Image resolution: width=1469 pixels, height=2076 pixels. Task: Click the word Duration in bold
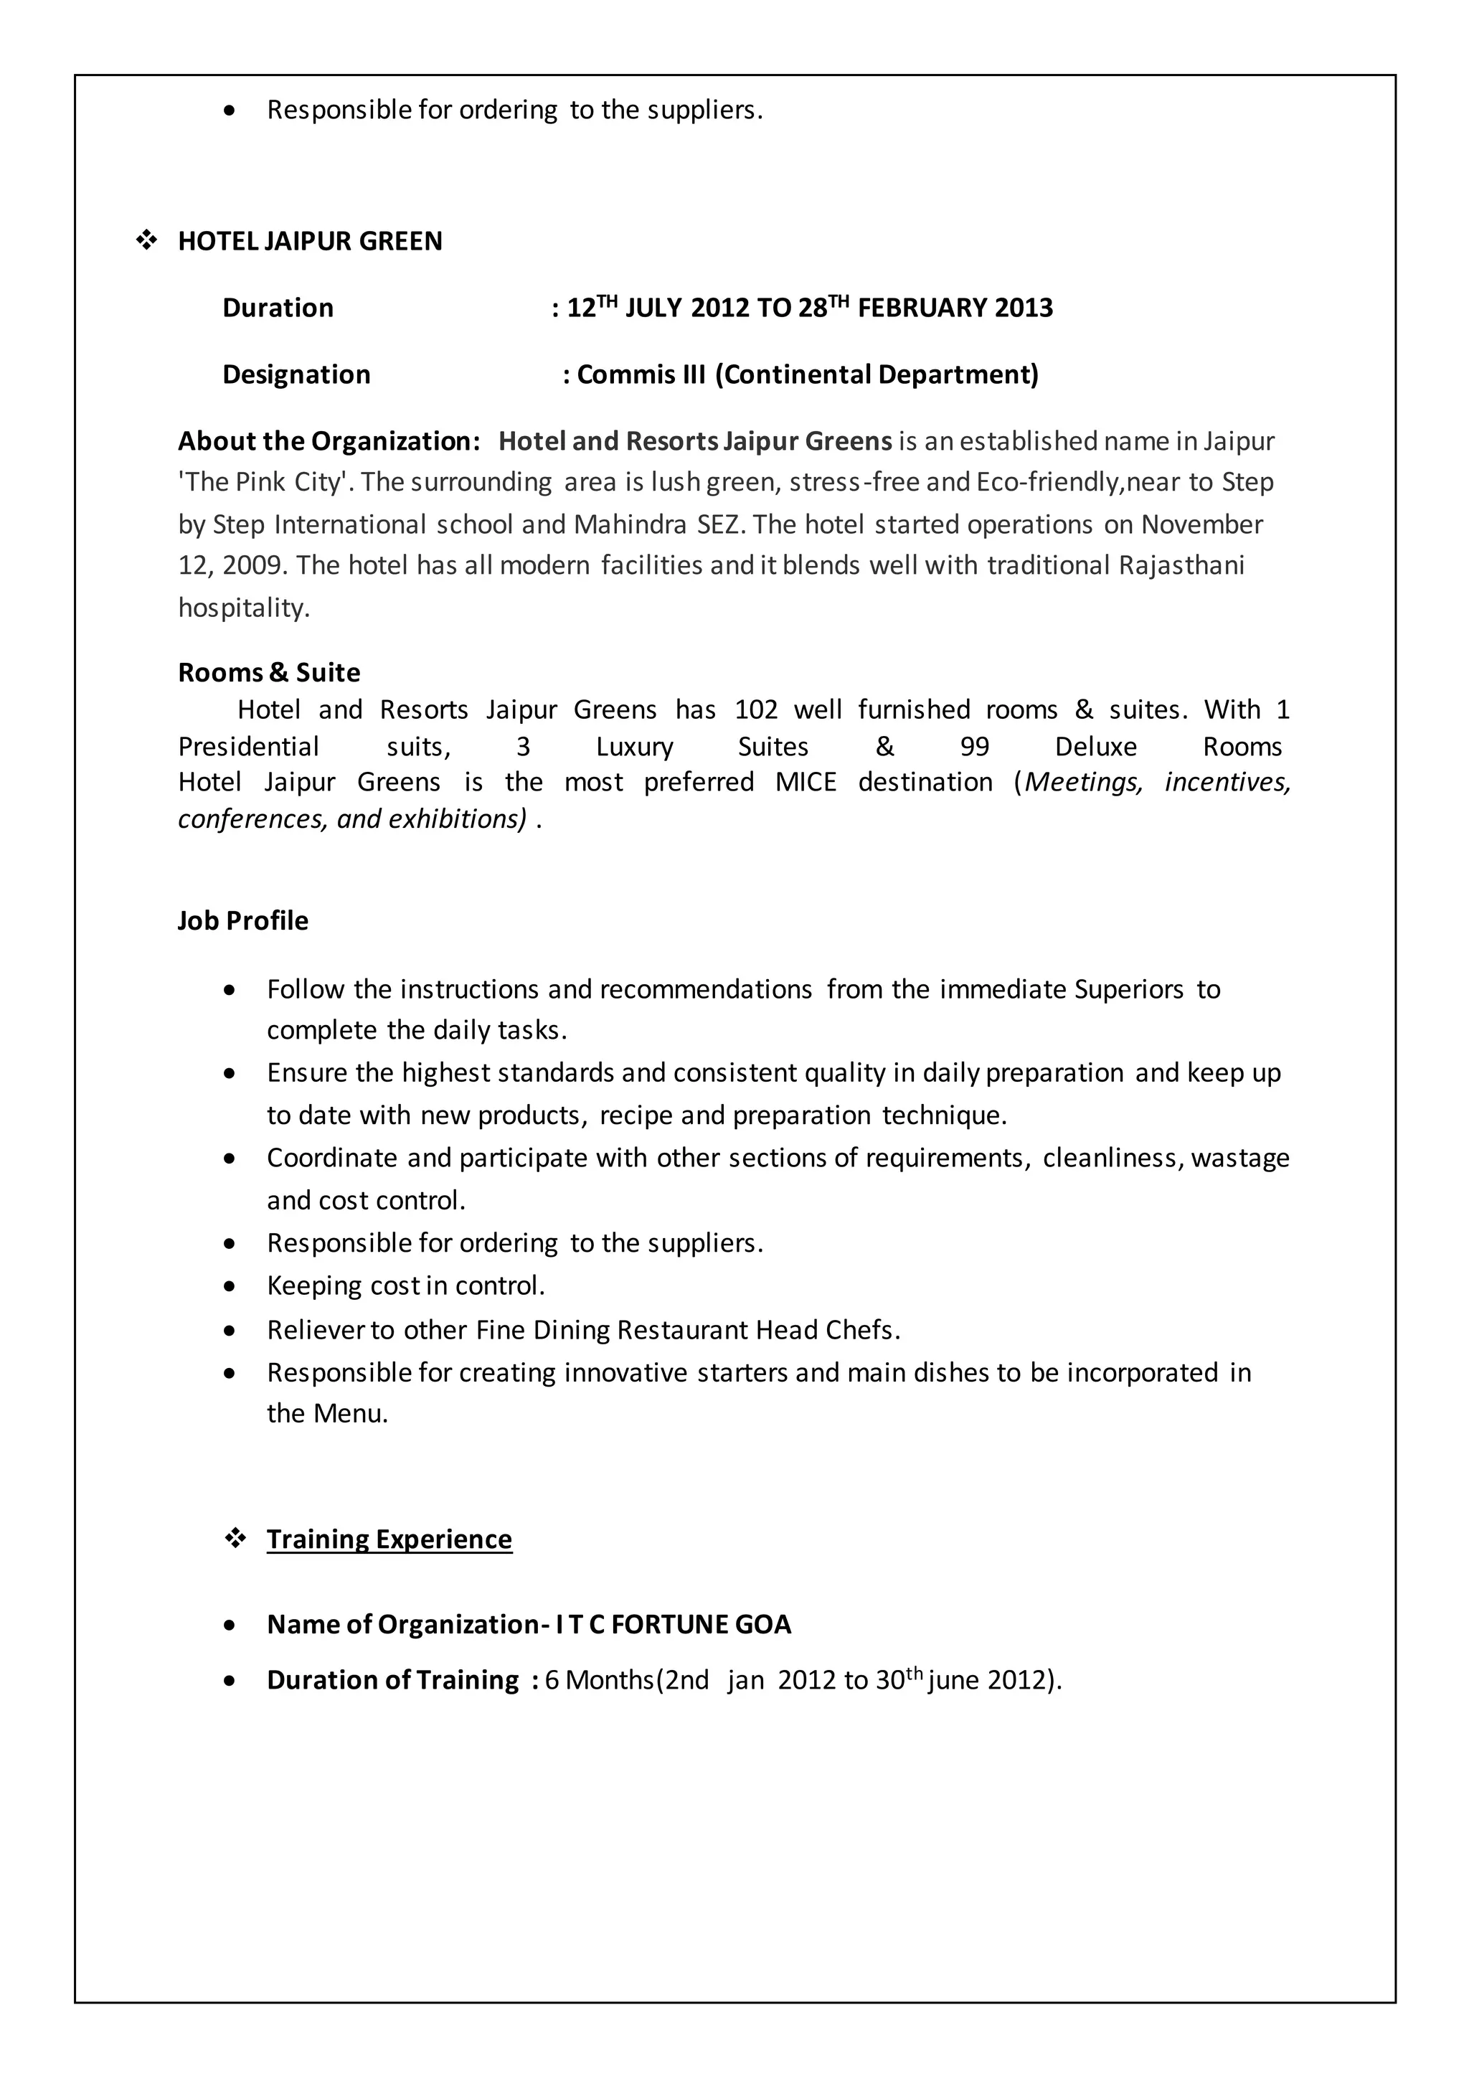click(x=278, y=308)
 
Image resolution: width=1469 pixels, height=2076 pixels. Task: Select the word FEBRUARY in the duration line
click(x=922, y=308)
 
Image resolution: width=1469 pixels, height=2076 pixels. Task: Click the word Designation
click(x=296, y=374)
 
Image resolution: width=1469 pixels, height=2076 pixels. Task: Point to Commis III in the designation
click(x=641, y=374)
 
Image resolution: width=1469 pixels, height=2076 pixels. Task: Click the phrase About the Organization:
click(x=329, y=441)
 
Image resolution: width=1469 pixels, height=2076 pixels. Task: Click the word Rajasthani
click(x=1181, y=565)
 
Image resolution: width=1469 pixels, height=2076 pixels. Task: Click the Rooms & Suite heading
click(x=269, y=673)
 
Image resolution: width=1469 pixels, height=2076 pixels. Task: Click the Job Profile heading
click(x=242, y=921)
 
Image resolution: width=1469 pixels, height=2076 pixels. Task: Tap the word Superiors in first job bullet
click(x=1128, y=990)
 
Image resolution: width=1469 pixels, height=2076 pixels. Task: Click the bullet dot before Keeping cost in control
click(x=231, y=1286)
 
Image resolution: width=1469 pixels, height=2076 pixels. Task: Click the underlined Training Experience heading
click(x=389, y=1539)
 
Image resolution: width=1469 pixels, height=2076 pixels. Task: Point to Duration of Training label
click(x=392, y=1680)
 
